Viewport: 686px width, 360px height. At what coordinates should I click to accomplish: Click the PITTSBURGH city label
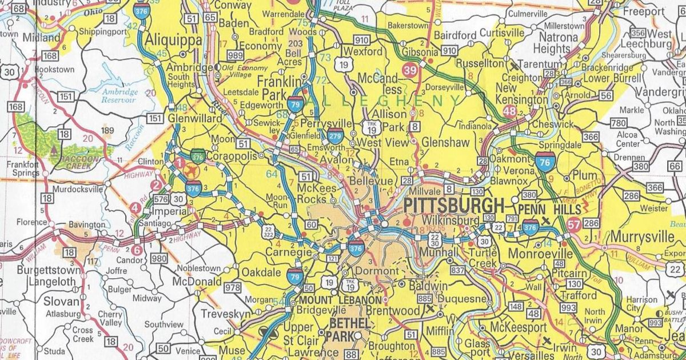(x=454, y=206)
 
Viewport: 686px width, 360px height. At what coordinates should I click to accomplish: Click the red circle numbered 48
(x=510, y=111)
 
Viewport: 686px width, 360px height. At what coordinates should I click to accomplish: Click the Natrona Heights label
(x=556, y=43)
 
